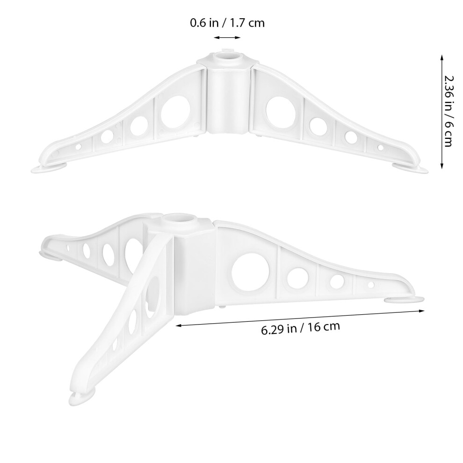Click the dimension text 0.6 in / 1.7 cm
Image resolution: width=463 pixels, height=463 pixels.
pos(227,23)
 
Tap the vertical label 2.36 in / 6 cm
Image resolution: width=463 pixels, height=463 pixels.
pos(448,111)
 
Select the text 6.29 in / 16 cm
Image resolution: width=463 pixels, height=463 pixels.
pos(301,328)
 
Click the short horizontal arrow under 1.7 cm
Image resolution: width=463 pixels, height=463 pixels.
pos(227,37)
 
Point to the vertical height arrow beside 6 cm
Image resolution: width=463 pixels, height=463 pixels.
pos(442,112)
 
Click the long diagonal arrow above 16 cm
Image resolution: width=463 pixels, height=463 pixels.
pos(300,318)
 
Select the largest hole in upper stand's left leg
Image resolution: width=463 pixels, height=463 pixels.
pos(175,112)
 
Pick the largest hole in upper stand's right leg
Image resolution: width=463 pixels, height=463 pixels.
pos(281,112)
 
